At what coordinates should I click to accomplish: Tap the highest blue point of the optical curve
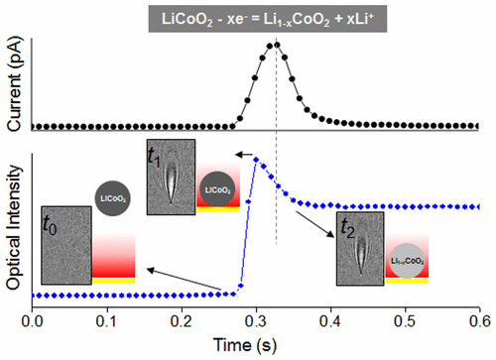point(256,159)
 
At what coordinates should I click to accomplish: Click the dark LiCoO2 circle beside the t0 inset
point(109,198)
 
